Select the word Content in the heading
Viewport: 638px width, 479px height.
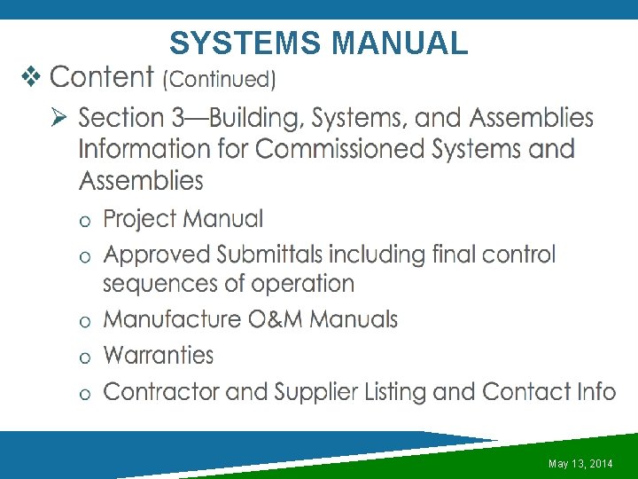tap(103, 77)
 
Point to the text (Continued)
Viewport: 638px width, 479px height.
tap(219, 79)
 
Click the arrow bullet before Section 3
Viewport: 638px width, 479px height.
tap(60, 117)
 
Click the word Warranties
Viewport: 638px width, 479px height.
tap(159, 356)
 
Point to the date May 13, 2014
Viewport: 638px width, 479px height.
tap(580, 464)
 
